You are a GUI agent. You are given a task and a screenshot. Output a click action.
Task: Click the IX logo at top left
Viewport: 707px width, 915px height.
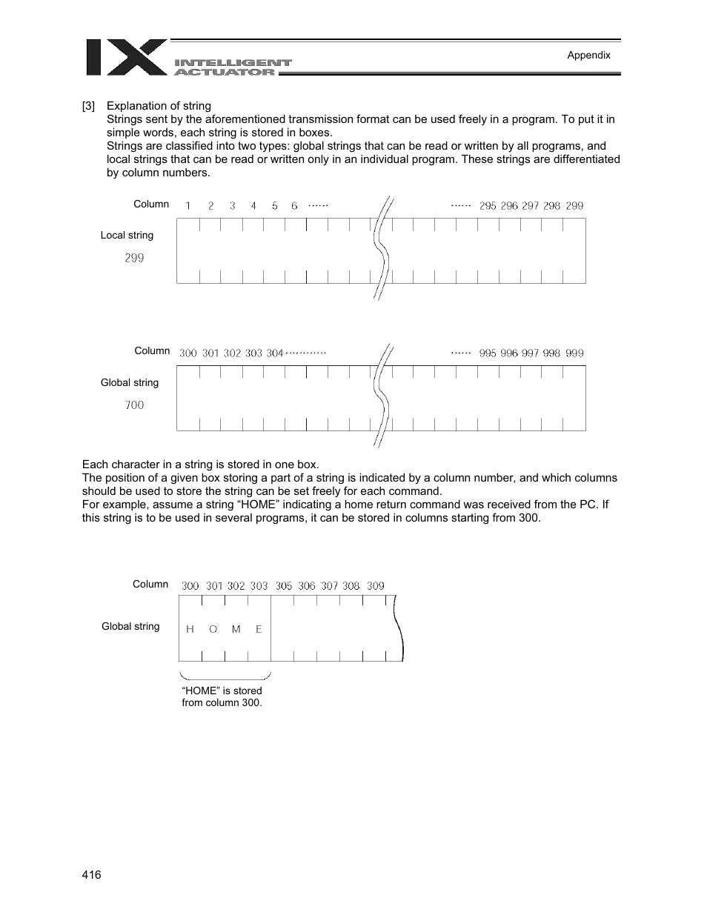[126, 57]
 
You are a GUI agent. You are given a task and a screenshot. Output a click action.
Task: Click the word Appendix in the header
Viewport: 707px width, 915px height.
[588, 55]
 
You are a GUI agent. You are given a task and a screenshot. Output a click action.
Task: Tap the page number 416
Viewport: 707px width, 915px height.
[91, 875]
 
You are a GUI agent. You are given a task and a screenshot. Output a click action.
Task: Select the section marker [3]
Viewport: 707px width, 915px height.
[89, 106]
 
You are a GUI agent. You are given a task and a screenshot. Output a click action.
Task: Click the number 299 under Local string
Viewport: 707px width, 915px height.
[134, 258]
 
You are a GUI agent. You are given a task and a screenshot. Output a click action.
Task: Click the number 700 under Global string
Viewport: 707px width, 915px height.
[134, 405]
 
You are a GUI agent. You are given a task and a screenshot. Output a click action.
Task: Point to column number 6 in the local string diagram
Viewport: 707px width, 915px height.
[294, 206]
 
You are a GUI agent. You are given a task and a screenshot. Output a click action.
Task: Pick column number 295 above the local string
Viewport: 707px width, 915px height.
[488, 206]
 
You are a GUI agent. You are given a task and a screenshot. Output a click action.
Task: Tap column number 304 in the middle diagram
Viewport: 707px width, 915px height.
[275, 353]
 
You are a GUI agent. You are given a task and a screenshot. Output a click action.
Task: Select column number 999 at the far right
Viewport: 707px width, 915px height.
[574, 353]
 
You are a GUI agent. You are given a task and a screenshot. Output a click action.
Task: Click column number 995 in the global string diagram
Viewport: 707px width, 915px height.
[488, 353]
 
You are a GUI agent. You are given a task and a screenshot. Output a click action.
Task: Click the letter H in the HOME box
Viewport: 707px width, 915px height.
[190, 629]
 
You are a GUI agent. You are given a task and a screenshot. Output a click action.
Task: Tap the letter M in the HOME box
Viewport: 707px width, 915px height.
[236, 629]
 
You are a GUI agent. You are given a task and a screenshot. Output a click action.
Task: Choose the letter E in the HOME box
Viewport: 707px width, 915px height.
[259, 629]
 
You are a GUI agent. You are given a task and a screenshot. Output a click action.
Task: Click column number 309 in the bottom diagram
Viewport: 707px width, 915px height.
[376, 585]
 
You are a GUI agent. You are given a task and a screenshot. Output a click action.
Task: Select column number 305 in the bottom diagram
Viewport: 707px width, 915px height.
[284, 585]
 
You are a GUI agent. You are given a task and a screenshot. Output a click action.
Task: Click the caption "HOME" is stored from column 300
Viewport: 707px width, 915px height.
[222, 696]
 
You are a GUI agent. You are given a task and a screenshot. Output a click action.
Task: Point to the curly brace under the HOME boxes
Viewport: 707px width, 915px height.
[225, 676]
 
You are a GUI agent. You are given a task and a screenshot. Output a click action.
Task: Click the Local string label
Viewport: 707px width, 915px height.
[127, 235]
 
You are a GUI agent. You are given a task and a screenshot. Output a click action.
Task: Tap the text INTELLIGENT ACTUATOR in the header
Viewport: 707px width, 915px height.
[233, 67]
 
